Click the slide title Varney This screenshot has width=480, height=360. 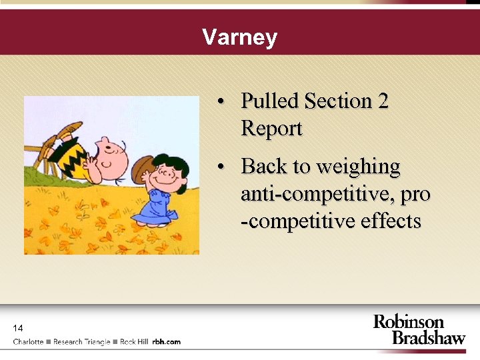[239, 37]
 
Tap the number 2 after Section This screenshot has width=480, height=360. [383, 101]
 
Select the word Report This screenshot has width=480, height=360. [271, 128]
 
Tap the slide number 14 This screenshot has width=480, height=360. [18, 328]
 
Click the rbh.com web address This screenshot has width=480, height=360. [166, 342]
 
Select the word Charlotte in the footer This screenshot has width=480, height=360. [28, 342]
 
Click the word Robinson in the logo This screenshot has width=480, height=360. [408, 323]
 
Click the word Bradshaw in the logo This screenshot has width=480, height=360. [428, 337]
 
